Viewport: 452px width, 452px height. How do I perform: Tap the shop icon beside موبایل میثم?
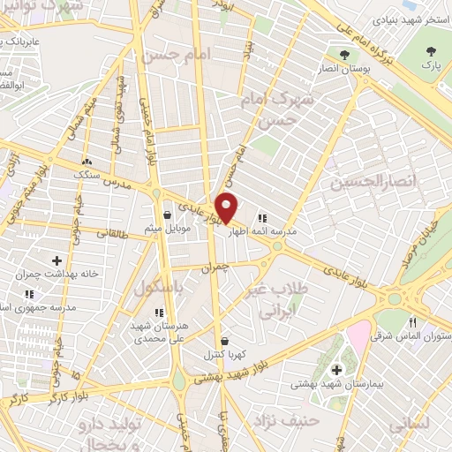pos(168,214)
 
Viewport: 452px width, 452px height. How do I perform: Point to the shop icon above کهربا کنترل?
pos(223,341)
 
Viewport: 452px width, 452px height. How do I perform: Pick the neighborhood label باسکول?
pos(159,287)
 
